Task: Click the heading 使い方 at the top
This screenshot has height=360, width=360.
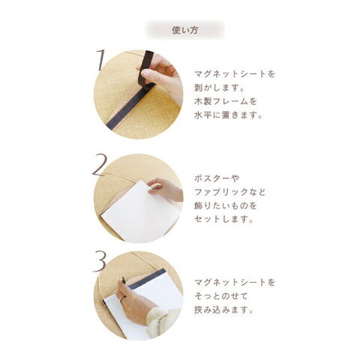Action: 185,30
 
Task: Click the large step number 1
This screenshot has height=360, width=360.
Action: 100,60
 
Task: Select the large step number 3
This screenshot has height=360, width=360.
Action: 100,261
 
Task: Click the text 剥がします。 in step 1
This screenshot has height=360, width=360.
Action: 219,88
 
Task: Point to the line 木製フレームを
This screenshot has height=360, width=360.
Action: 226,101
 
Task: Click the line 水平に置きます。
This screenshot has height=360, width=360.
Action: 229,115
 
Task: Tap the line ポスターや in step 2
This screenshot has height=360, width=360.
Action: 217,178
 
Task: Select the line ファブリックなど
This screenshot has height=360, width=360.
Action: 229,192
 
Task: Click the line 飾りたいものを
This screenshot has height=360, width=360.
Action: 226,205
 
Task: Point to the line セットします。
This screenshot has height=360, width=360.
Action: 223,219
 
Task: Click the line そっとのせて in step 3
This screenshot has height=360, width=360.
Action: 221,296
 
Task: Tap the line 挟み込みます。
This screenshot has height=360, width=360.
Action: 223,310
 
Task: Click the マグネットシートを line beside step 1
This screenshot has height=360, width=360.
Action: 235,74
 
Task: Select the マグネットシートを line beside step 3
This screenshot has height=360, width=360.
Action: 235,283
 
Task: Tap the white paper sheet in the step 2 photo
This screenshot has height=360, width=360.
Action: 140,213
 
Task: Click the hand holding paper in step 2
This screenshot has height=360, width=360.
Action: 166,190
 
